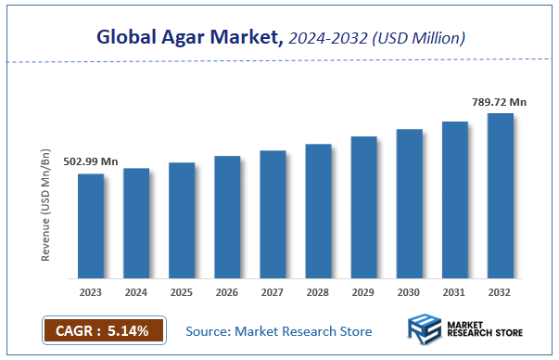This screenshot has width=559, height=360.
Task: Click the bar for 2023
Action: [91, 226]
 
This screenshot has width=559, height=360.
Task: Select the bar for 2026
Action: [227, 217]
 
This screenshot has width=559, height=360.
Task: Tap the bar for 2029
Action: [364, 208]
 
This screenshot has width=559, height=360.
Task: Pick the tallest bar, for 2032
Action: [501, 196]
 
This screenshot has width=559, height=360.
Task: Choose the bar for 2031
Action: [455, 199]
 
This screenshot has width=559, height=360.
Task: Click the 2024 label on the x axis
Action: [136, 291]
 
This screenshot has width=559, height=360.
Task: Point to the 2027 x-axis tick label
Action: [273, 291]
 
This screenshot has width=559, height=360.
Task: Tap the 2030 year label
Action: [410, 291]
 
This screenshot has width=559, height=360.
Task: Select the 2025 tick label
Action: [182, 291]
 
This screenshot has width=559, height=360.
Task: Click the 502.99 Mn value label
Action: [90, 161]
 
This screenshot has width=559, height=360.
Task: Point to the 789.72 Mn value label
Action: [500, 101]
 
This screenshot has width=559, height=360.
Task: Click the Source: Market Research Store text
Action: [278, 330]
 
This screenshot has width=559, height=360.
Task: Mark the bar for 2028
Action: [318, 212]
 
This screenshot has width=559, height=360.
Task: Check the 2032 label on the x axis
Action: [501, 291]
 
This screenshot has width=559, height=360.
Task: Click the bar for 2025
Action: [182, 221]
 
